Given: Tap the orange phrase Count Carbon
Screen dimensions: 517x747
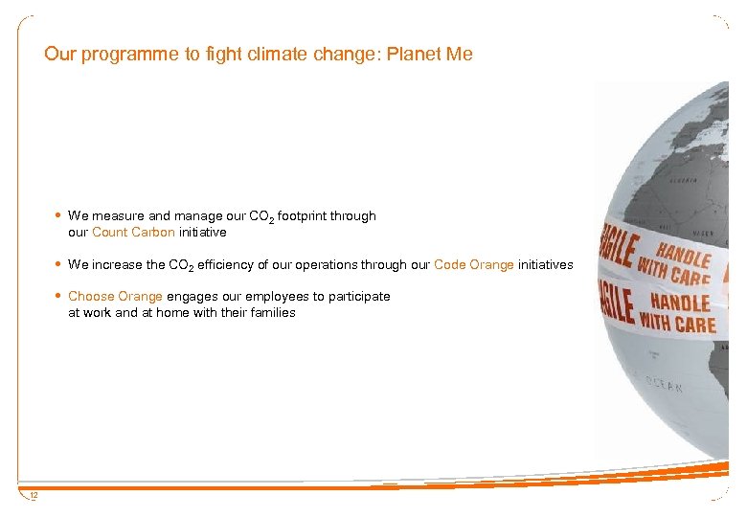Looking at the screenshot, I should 133,233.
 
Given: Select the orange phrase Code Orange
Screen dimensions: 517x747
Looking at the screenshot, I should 474,265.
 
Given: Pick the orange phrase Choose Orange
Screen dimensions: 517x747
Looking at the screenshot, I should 115,297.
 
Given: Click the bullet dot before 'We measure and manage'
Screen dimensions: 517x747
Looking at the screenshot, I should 58,216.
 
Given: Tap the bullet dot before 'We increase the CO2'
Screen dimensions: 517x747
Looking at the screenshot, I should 58,265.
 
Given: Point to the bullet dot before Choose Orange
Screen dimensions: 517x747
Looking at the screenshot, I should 58,297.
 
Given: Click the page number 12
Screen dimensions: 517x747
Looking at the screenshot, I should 33,495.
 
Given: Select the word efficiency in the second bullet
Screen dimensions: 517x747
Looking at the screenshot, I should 226,265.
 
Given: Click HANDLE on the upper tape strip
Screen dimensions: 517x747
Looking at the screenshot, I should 682,252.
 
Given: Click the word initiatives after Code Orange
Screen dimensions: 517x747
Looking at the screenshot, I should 547,265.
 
